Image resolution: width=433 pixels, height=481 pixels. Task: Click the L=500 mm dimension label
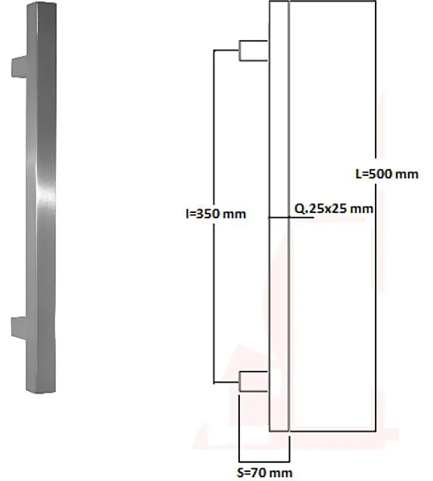(387, 174)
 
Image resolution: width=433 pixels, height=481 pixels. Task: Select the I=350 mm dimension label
(213, 214)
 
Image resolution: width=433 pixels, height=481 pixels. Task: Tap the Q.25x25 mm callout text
(333, 209)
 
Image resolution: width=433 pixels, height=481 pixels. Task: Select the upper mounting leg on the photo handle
(18, 66)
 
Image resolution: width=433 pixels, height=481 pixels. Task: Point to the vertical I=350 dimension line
(214, 138)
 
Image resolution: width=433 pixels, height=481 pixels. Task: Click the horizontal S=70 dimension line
(264, 461)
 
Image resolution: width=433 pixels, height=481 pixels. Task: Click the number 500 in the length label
(385, 174)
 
